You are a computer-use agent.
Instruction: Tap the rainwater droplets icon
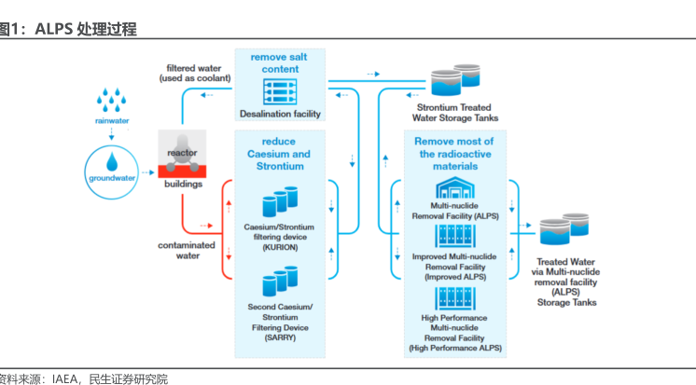coord(112,100)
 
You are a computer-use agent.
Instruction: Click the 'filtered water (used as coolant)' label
coord(194,74)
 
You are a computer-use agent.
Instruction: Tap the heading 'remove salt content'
coord(281,62)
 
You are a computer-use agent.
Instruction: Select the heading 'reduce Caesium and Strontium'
coord(281,153)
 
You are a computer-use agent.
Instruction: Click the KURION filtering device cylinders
coord(280,200)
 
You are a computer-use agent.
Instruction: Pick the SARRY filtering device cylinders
coord(280,282)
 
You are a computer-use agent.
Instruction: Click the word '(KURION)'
coord(280,249)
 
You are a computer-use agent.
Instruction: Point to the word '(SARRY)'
coord(280,338)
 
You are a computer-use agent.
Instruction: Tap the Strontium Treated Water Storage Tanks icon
coord(454,85)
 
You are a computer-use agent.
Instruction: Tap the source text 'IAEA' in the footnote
coord(65,378)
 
